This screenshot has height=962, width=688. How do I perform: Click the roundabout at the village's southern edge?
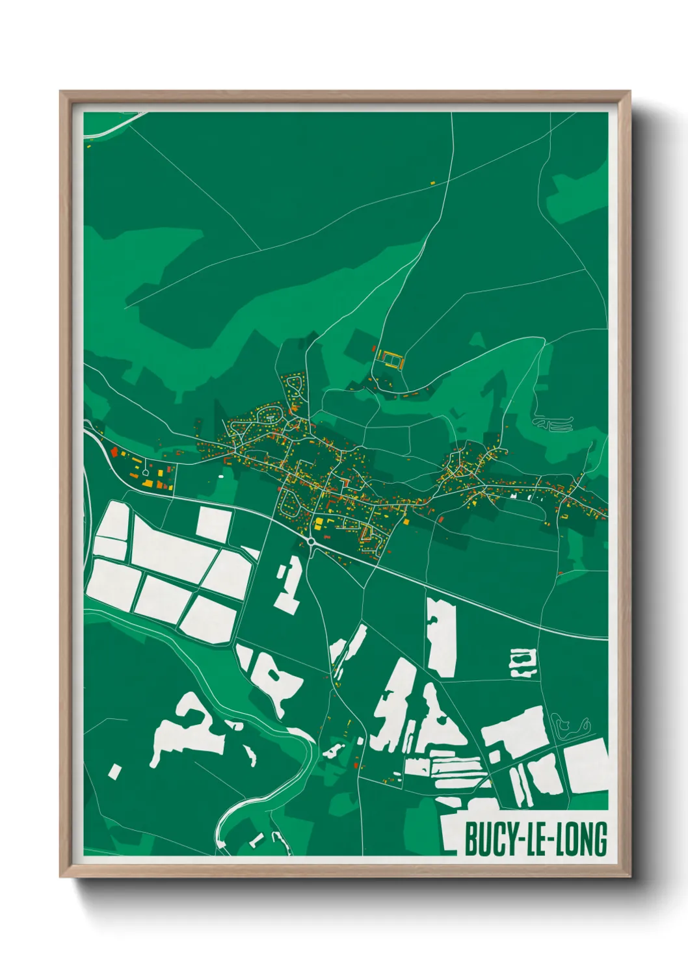click(x=311, y=541)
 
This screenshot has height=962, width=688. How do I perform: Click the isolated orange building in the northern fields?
click(x=433, y=183)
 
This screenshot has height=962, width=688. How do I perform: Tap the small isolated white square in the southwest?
click(x=114, y=772)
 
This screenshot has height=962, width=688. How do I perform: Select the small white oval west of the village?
click(x=221, y=476)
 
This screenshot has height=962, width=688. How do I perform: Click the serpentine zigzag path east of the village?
click(x=553, y=424)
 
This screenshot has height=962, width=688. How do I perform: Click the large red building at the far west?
click(x=114, y=450)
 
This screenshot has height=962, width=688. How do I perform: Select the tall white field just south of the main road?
click(x=441, y=637)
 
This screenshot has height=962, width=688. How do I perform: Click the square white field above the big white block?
click(x=214, y=523)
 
